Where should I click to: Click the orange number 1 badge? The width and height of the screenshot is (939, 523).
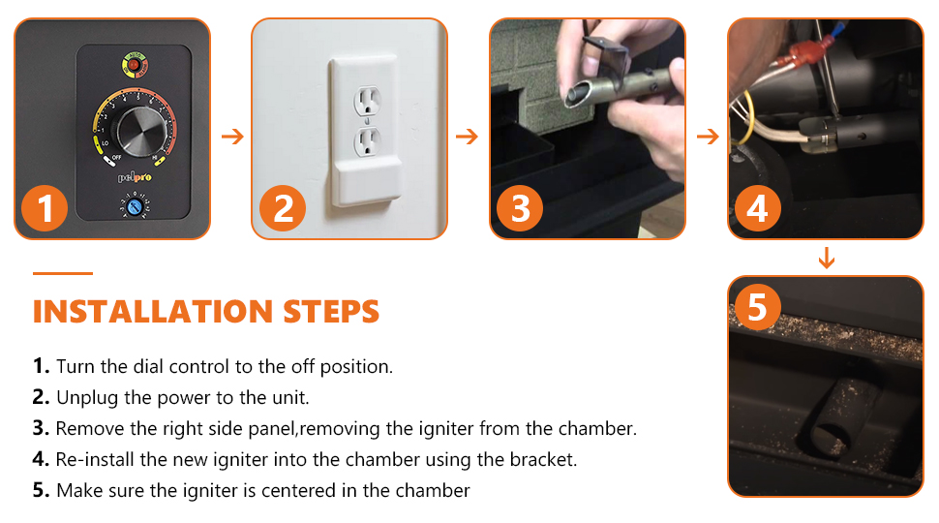point(45,208)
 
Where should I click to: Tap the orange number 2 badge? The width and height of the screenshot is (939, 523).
point(283,208)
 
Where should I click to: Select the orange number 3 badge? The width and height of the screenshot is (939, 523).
point(520,208)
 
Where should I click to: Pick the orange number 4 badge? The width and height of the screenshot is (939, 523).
point(758,208)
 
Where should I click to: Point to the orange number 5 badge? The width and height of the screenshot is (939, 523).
point(757,307)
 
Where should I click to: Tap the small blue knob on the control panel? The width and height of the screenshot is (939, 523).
point(135,208)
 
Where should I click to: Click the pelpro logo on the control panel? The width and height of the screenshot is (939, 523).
point(135,176)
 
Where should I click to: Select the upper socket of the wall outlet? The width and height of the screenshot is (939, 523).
point(368,101)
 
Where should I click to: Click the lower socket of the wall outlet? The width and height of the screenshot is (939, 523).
point(368,142)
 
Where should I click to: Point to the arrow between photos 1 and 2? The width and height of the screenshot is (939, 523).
point(232,137)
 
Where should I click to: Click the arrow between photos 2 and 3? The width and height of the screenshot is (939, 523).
point(468,137)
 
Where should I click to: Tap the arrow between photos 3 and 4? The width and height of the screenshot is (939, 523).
point(708,137)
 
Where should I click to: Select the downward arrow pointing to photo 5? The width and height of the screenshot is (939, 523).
point(827,258)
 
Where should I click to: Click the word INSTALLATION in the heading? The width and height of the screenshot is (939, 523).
point(153,312)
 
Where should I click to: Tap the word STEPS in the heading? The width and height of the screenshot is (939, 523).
point(331,312)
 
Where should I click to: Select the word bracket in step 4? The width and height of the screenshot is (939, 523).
point(542,459)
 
